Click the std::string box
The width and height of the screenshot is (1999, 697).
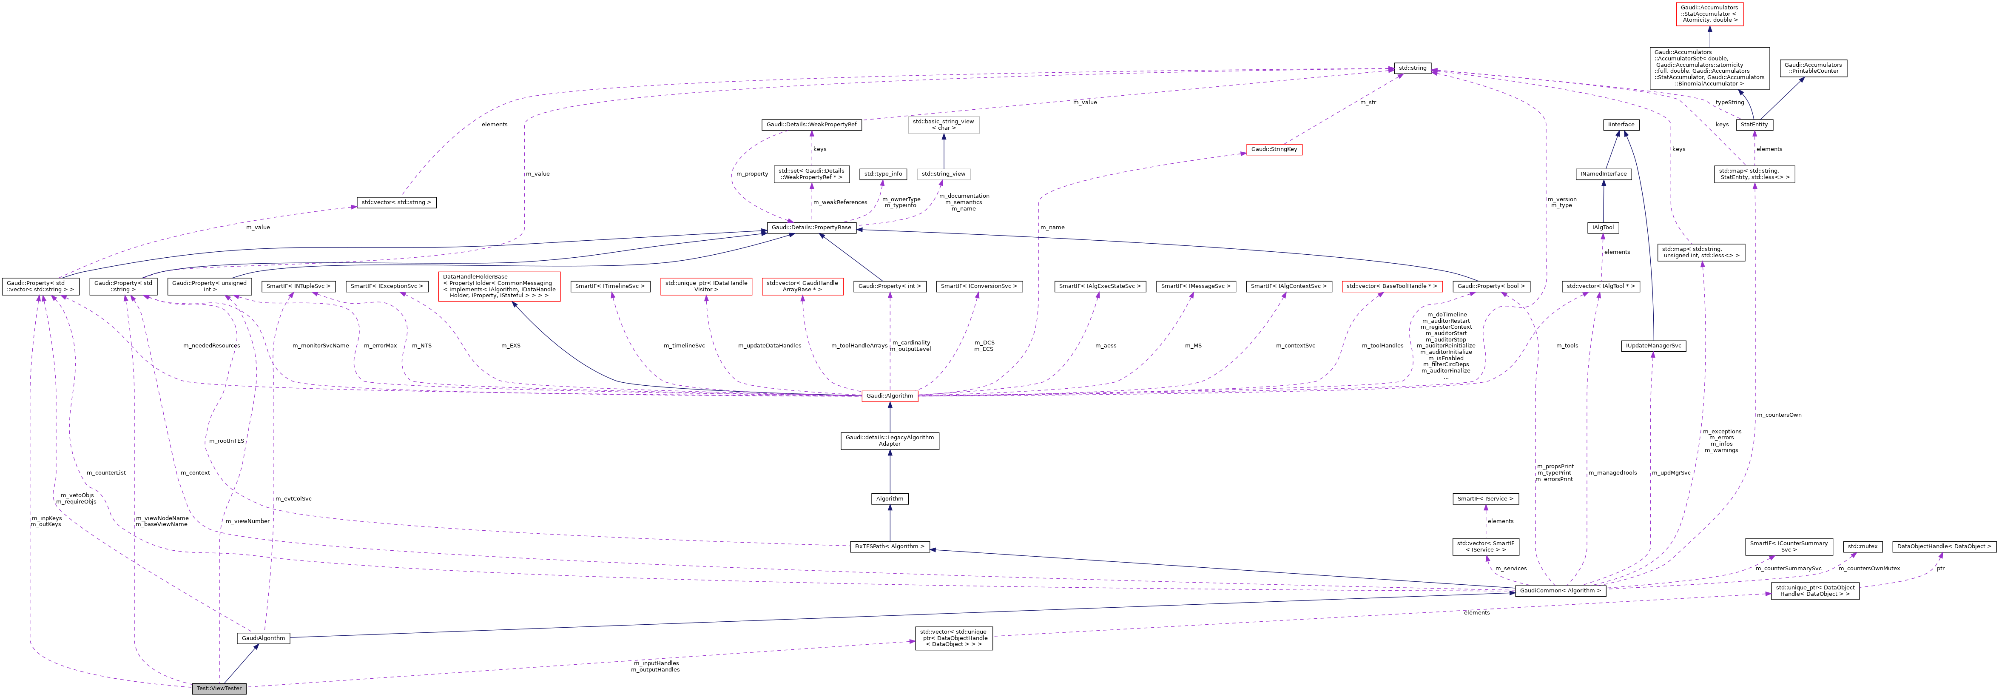pos(1412,68)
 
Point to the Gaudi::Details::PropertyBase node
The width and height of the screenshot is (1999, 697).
pos(811,228)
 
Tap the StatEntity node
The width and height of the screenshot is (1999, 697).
pos(1754,124)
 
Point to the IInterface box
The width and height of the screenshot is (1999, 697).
pos(1620,124)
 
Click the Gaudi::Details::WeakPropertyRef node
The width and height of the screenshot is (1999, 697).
pos(811,124)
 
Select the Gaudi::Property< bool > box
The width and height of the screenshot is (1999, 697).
pos(1491,286)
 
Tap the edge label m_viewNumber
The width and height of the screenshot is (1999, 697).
pos(247,521)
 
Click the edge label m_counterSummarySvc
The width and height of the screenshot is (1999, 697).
pos(1788,568)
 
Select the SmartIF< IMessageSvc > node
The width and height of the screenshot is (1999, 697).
pos(1195,286)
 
